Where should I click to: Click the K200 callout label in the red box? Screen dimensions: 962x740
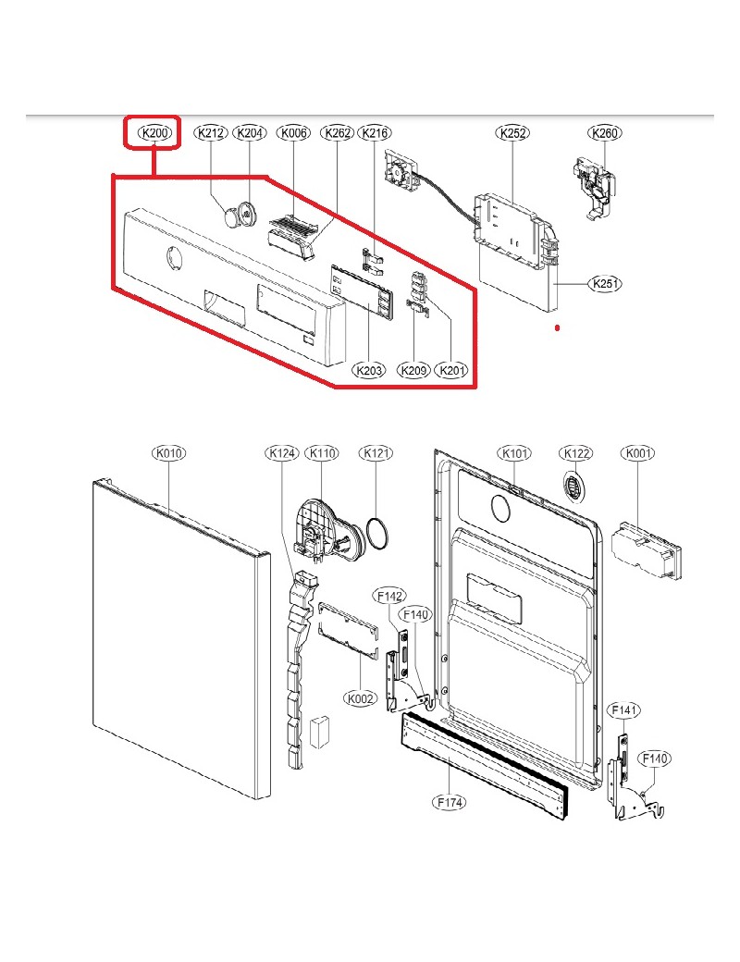pyautogui.click(x=154, y=134)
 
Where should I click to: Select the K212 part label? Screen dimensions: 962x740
pyautogui.click(x=211, y=134)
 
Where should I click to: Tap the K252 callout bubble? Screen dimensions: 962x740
pyautogui.click(x=513, y=134)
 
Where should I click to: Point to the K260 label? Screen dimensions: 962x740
pyautogui.click(x=605, y=134)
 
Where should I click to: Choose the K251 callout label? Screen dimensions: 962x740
pyautogui.click(x=606, y=285)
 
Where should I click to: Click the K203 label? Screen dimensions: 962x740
pyautogui.click(x=369, y=371)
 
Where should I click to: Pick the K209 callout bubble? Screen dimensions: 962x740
pyautogui.click(x=413, y=371)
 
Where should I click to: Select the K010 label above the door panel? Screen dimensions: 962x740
pyautogui.click(x=169, y=453)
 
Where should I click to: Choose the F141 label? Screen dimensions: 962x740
pyautogui.click(x=623, y=710)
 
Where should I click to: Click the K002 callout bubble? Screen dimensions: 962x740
pyautogui.click(x=360, y=698)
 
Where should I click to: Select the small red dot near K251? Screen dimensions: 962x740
pyautogui.click(x=557, y=328)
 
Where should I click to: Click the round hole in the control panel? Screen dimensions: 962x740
pyautogui.click(x=173, y=261)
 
